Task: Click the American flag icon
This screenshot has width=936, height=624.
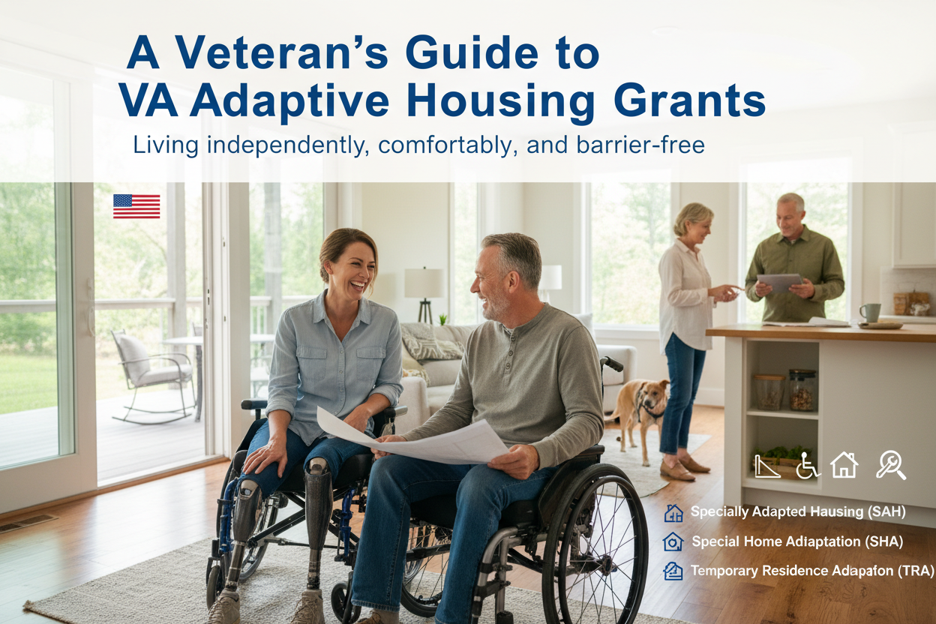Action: (136, 206)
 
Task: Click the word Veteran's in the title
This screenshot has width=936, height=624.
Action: (282, 52)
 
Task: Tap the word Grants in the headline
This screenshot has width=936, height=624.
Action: (689, 101)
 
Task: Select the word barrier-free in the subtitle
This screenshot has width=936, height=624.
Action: (640, 145)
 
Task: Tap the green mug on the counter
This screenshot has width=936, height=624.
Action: (870, 313)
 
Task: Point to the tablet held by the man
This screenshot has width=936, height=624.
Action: (780, 283)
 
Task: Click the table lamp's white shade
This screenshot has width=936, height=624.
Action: (424, 283)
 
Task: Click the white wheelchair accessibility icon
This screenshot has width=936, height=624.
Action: (807, 466)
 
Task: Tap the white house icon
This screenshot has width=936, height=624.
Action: (844, 465)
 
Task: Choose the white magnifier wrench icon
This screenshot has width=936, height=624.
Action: (891, 464)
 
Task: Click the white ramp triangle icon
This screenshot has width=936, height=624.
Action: (766, 466)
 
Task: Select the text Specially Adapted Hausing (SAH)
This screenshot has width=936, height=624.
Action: (798, 511)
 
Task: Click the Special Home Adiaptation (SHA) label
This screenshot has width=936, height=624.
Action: (797, 541)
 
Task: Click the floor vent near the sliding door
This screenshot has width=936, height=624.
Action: (27, 523)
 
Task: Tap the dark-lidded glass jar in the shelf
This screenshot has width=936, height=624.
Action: (802, 390)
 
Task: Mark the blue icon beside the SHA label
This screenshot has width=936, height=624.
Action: (673, 541)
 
